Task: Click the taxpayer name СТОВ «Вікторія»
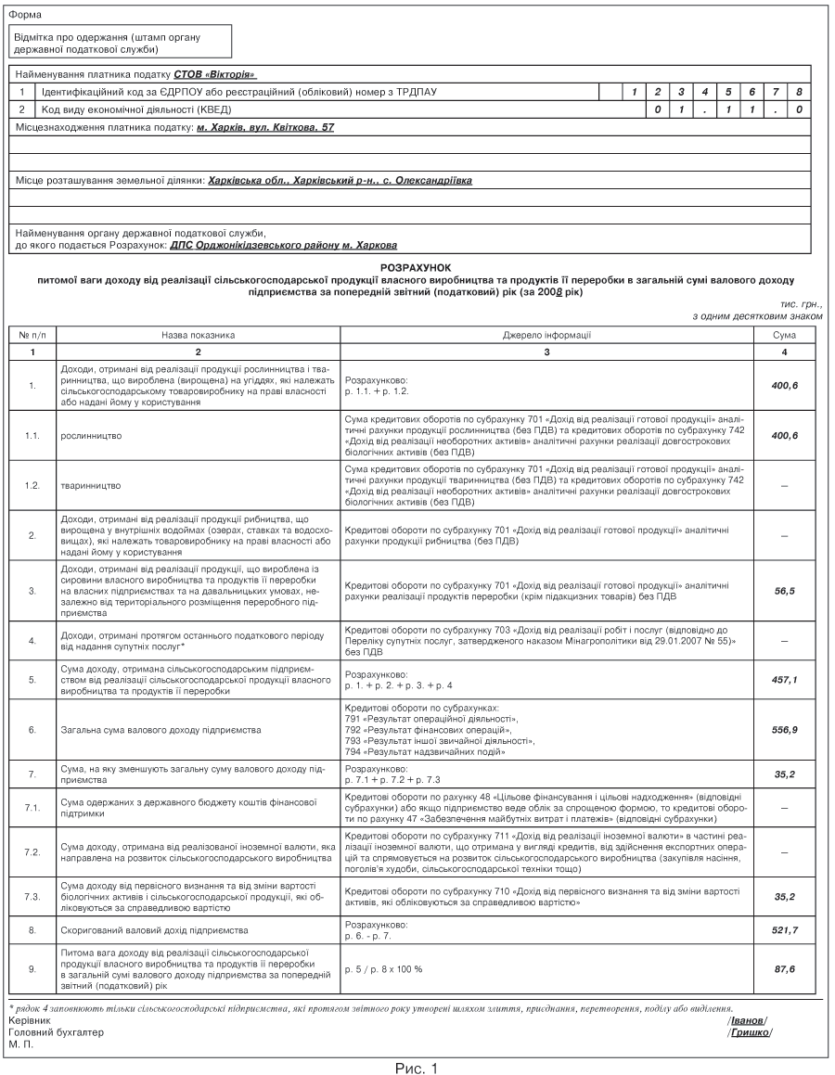coord(214,73)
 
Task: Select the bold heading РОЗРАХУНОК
coord(415,266)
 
